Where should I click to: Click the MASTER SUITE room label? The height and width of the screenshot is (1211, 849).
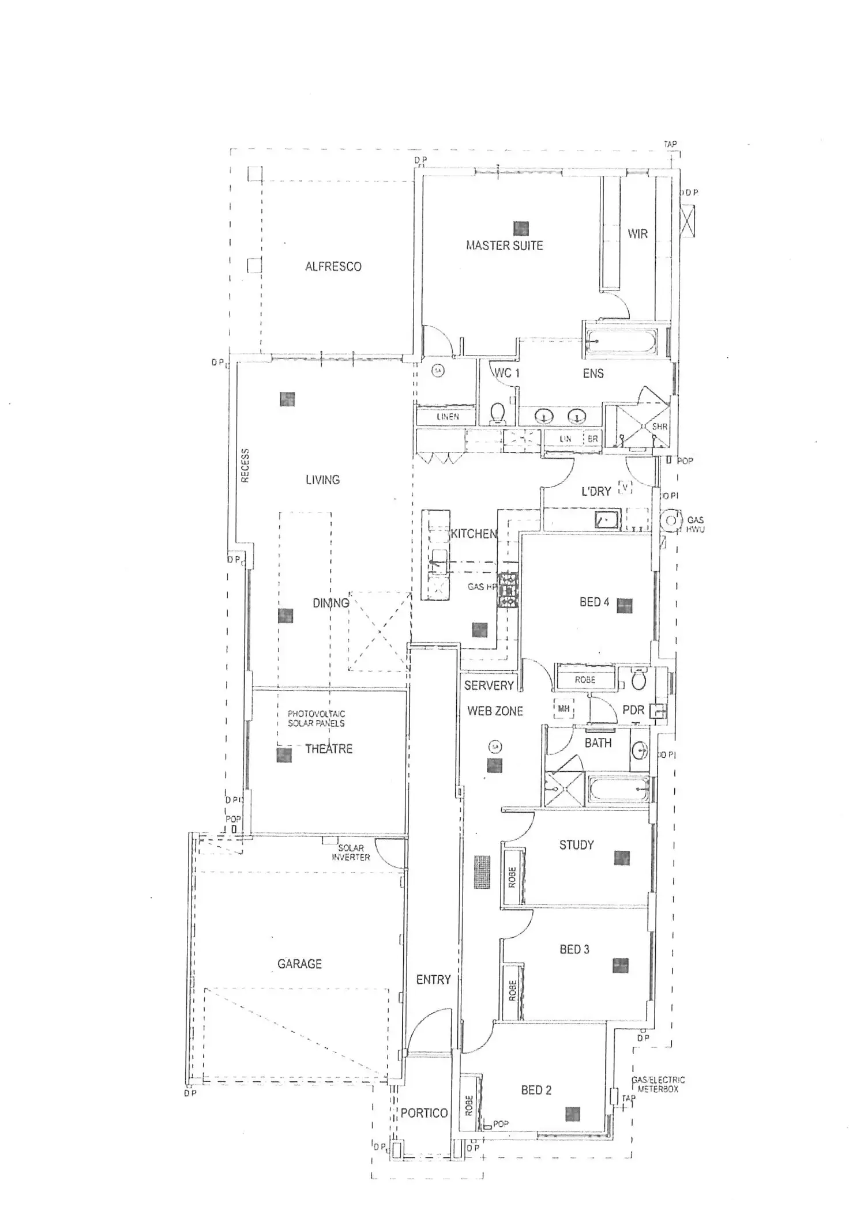coord(504,246)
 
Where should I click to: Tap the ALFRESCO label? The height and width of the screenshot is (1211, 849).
coord(333,266)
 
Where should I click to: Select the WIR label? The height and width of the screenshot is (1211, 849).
coord(637,233)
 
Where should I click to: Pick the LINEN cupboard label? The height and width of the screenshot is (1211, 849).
coord(448,416)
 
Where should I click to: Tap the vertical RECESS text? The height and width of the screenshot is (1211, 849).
coord(245,465)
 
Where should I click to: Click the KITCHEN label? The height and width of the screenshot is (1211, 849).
coord(473,534)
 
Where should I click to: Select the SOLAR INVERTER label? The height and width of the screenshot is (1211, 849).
coord(351,852)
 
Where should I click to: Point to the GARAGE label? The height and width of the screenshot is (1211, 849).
coord(299,964)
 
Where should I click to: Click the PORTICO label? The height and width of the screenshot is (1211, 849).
coord(424,1113)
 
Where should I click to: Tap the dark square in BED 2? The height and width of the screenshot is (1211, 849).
coord(572,1114)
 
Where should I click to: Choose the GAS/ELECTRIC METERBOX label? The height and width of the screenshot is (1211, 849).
coord(658,1085)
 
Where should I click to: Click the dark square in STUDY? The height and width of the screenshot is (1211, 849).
coord(622,858)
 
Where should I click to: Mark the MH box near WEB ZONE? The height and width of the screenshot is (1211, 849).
coord(564,708)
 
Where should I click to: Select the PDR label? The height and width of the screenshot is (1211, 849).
coord(633,710)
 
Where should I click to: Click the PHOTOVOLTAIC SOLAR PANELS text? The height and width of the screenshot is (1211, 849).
coord(316,718)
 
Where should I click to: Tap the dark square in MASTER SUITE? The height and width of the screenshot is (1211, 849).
coord(521,229)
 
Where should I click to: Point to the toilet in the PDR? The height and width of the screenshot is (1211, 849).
coord(638,681)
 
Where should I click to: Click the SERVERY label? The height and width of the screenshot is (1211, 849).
coord(489,685)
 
